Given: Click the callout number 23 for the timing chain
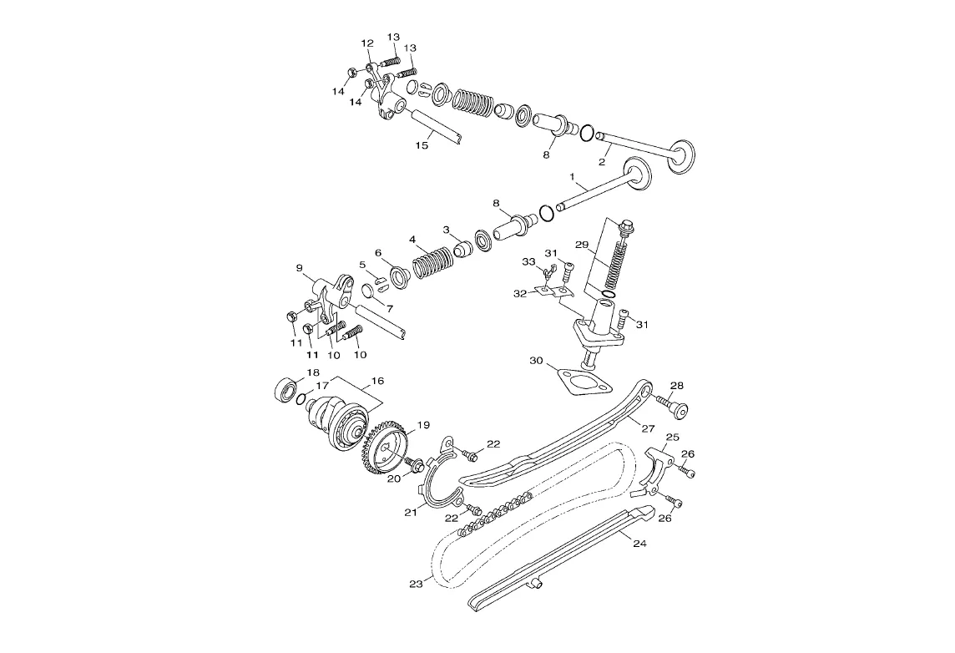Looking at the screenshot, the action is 416,585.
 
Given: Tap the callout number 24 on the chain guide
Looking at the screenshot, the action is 639,544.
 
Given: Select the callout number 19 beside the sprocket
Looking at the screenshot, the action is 422,424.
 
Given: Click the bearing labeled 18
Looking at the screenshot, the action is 285,389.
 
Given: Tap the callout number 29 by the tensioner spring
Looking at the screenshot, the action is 582,245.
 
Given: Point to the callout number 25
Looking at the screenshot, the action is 672,438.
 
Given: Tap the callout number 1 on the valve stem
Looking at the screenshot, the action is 572,176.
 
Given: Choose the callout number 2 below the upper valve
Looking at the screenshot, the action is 601,162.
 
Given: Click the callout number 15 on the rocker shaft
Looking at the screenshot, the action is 422,145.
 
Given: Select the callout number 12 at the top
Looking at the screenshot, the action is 366,43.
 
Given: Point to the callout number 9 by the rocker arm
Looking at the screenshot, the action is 299,267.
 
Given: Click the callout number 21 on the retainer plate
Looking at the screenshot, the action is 411,512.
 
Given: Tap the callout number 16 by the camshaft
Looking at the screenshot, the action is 377,381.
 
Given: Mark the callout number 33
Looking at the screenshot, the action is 528,261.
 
